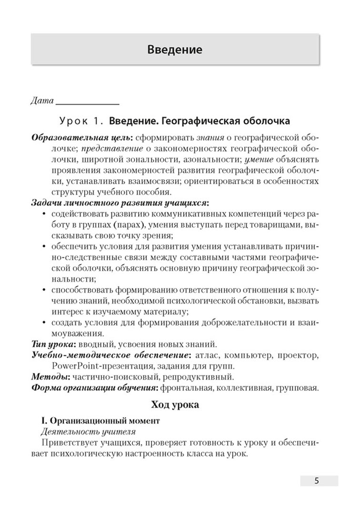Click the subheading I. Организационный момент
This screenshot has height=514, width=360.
100,422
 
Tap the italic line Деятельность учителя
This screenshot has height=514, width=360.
89,432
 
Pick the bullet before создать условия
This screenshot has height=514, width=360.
44,323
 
